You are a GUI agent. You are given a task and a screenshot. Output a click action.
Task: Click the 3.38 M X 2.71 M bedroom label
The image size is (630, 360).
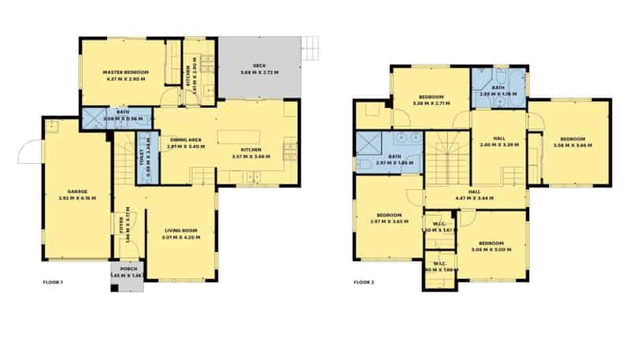click(431, 99)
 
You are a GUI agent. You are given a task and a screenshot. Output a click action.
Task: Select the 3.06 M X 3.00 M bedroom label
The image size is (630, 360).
click(491, 246)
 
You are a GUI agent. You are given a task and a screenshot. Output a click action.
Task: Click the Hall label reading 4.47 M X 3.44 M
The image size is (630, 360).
click(475, 195)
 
